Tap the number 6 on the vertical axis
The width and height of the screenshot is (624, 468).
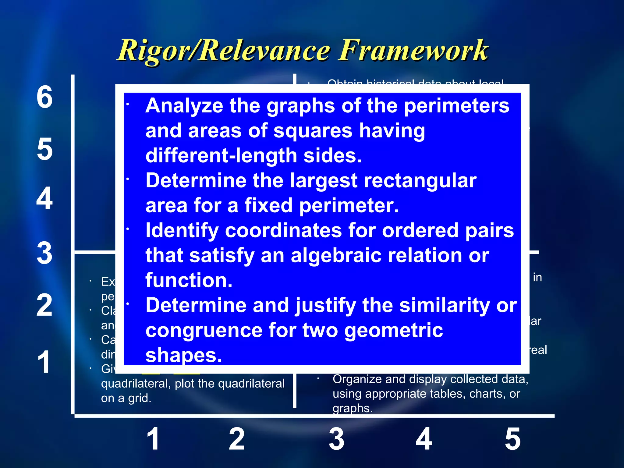(x=45, y=97)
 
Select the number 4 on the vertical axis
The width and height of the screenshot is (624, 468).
(x=45, y=198)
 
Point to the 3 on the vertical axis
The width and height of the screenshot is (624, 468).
(x=45, y=253)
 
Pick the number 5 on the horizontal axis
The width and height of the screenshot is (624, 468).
(x=513, y=439)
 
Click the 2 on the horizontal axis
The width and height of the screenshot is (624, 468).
(x=237, y=439)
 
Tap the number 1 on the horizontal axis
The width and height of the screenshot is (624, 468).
(x=153, y=439)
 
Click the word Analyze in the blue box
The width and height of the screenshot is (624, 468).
(x=184, y=106)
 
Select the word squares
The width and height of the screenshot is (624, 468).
(x=313, y=131)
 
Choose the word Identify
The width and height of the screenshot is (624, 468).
(x=182, y=231)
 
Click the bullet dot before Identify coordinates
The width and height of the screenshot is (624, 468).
(x=128, y=229)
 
